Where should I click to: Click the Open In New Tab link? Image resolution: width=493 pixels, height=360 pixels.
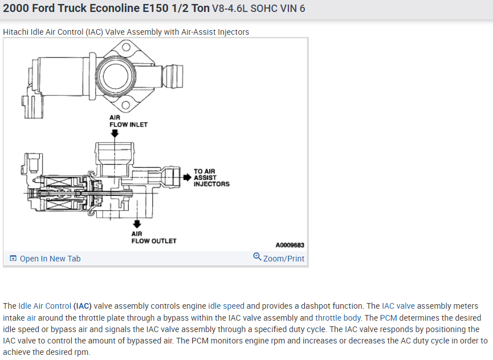pos(50,259)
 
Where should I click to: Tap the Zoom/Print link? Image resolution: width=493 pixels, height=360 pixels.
pos(283,259)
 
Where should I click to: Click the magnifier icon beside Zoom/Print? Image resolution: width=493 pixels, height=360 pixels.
pos(257,257)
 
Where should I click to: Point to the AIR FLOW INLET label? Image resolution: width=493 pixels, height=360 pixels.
pos(128,121)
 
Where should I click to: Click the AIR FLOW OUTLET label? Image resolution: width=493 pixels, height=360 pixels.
pos(154,237)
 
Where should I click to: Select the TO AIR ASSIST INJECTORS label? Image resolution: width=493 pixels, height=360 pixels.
pos(211,177)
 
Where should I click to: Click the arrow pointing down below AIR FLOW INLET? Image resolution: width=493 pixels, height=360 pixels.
pos(115,133)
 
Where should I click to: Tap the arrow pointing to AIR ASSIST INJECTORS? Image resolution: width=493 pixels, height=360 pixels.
pos(187,177)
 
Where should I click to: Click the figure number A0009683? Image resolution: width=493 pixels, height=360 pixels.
pos(290,245)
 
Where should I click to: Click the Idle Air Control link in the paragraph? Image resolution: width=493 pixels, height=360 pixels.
pos(45,306)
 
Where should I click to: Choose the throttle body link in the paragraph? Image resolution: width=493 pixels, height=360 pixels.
pos(338,318)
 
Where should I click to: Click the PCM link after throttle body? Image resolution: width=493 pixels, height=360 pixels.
pos(388,318)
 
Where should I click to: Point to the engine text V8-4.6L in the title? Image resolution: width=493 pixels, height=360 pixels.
pos(229,9)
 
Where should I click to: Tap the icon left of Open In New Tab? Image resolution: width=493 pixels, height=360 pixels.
pos(13,259)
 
